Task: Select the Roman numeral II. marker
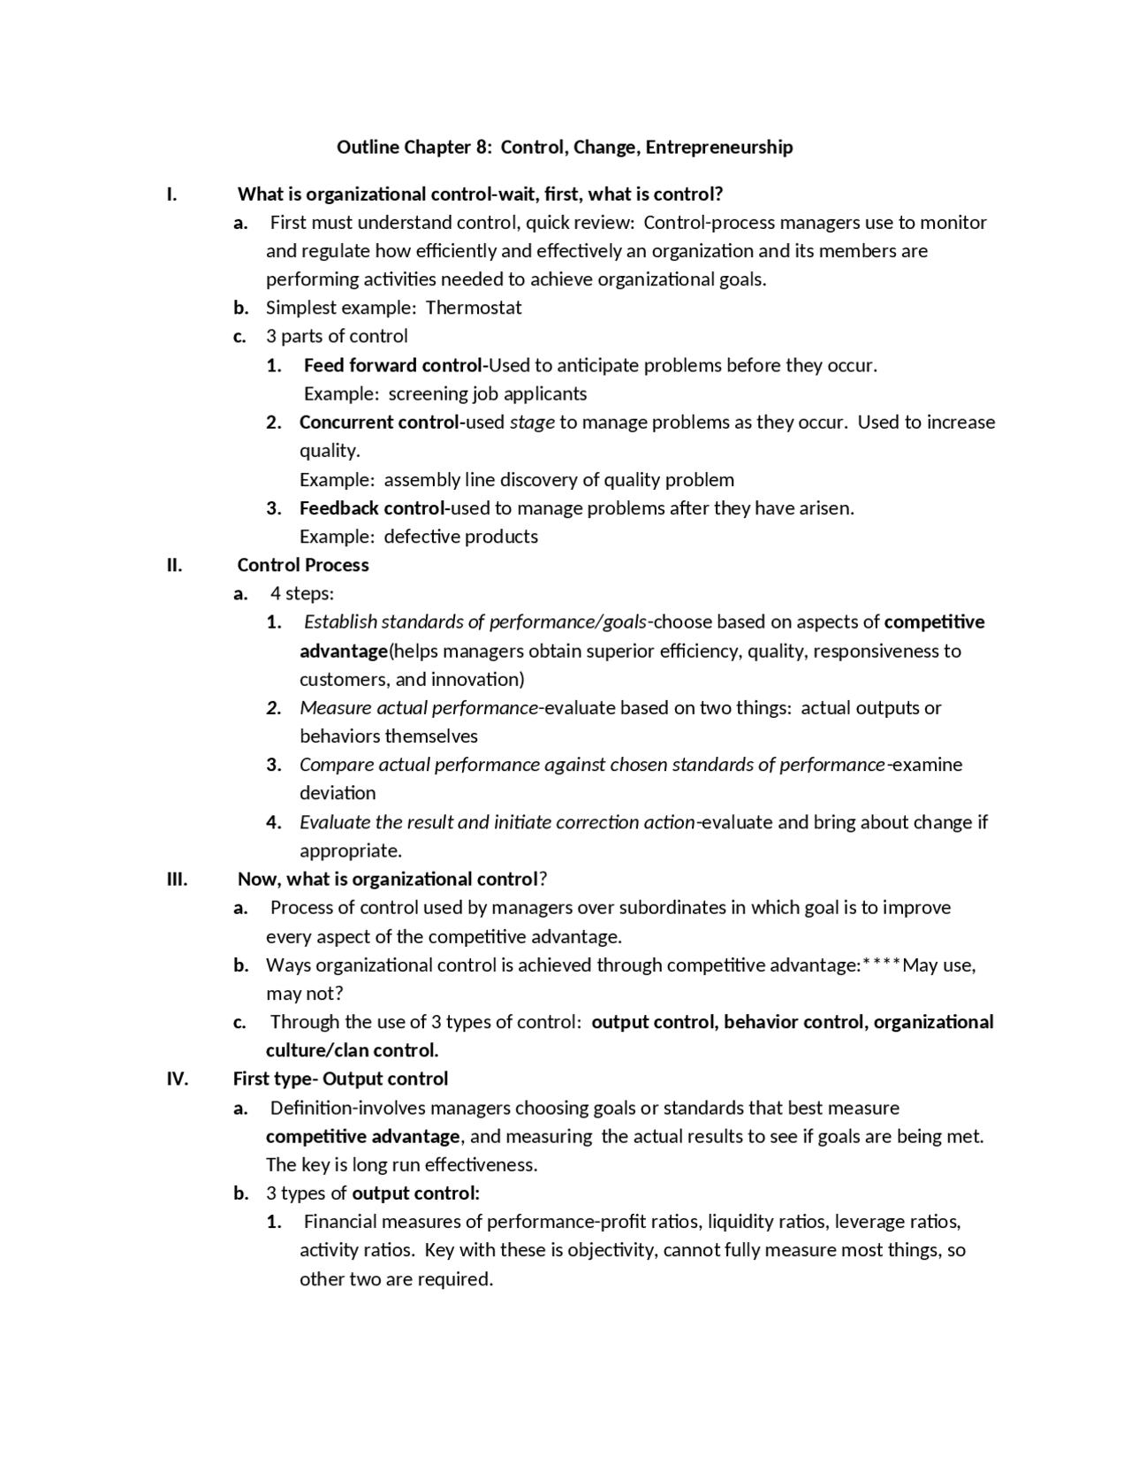pyautogui.click(x=174, y=565)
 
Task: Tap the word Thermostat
pyautogui.click(x=474, y=308)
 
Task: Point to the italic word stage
pyautogui.click(x=532, y=423)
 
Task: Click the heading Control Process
pyautogui.click(x=302, y=565)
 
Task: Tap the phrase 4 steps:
pyautogui.click(x=301, y=593)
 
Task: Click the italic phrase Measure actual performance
pyautogui.click(x=418, y=708)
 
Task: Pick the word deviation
pyautogui.click(x=338, y=793)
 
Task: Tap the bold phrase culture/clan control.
pyautogui.click(x=352, y=1050)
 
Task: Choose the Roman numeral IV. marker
pyautogui.click(x=177, y=1079)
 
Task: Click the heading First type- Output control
pyautogui.click(x=340, y=1079)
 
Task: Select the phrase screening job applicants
pyautogui.click(x=488, y=393)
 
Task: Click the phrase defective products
pyautogui.click(x=460, y=537)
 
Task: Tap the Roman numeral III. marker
pyautogui.click(x=177, y=879)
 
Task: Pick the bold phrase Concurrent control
pyautogui.click(x=379, y=423)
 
